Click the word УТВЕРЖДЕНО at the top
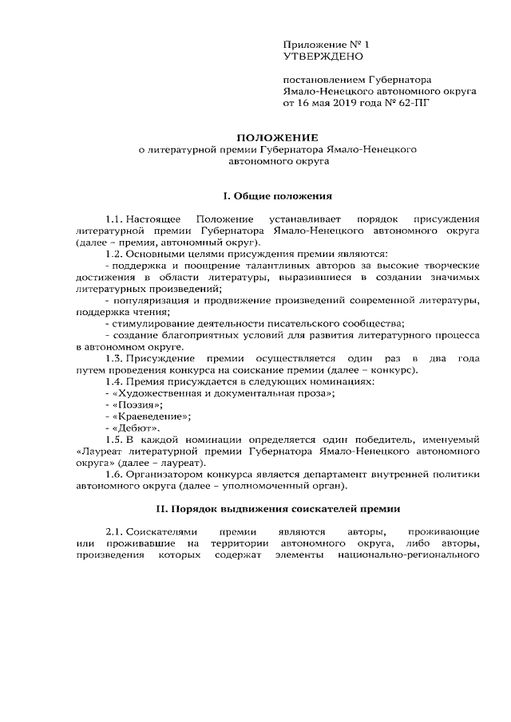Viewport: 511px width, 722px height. click(323, 57)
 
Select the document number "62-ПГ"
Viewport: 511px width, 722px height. click(413, 103)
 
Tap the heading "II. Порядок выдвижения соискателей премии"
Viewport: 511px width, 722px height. click(278, 508)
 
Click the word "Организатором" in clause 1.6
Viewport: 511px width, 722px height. click(164, 473)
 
